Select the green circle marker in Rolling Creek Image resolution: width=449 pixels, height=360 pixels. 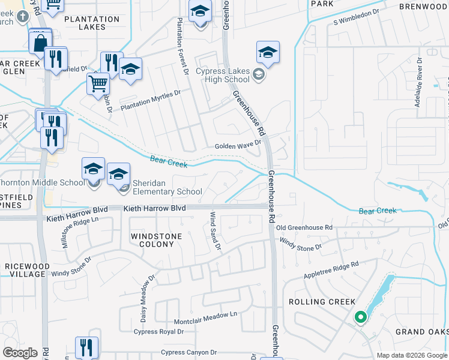point(360,317)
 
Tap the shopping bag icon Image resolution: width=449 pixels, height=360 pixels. point(40,43)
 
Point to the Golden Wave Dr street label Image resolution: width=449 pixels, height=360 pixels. point(238,145)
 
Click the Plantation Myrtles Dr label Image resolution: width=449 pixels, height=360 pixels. point(151,101)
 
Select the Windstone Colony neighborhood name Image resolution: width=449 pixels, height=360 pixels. point(156,240)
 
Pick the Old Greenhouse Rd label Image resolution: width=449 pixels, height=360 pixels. point(304,228)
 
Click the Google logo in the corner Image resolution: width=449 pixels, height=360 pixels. point(20,352)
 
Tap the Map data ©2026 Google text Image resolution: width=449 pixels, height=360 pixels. point(412,355)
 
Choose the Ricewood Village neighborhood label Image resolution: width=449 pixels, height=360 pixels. point(26,270)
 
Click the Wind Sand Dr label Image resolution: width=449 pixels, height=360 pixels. point(215,232)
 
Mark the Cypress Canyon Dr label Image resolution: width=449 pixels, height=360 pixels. point(188,352)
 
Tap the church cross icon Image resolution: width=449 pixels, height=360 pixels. point(22,18)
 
